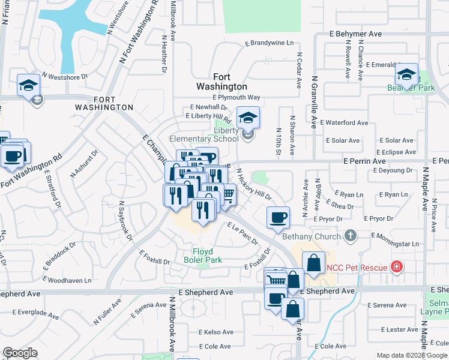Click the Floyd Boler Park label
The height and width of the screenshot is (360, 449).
click(207, 256)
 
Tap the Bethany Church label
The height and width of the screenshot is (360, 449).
click(311, 236)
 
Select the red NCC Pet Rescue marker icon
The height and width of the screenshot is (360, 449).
click(396, 266)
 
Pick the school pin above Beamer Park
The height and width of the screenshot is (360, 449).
click(406, 75)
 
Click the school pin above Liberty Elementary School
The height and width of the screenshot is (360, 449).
click(247, 118)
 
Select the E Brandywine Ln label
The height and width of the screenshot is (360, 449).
click(269, 43)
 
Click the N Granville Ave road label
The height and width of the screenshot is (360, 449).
click(313, 102)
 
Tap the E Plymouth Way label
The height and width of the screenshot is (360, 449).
click(236, 97)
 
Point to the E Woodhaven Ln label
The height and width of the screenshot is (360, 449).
click(69, 280)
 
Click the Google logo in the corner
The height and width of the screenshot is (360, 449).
click(20, 353)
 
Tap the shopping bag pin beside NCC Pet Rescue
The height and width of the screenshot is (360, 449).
click(313, 262)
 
